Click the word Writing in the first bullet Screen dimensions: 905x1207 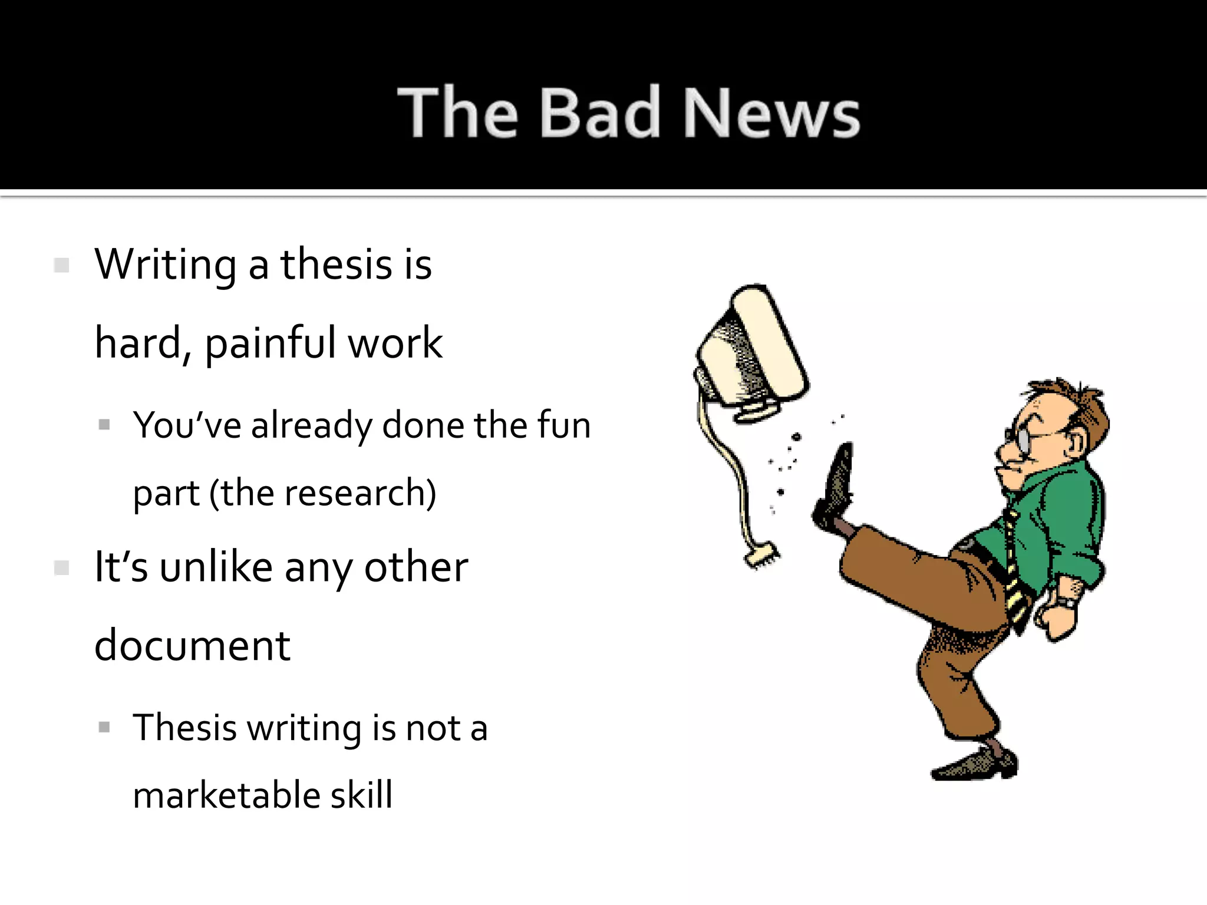tap(166, 265)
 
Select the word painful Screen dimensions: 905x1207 tap(270, 343)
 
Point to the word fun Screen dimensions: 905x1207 tap(564, 425)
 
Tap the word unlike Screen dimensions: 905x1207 tap(216, 567)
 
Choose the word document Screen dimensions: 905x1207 tap(192, 646)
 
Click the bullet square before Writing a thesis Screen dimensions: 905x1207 tap(61, 265)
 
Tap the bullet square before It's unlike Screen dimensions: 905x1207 tap(61, 568)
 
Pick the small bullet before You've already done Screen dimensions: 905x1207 tap(104, 425)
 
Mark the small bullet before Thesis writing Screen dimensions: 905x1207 tap(104, 728)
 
